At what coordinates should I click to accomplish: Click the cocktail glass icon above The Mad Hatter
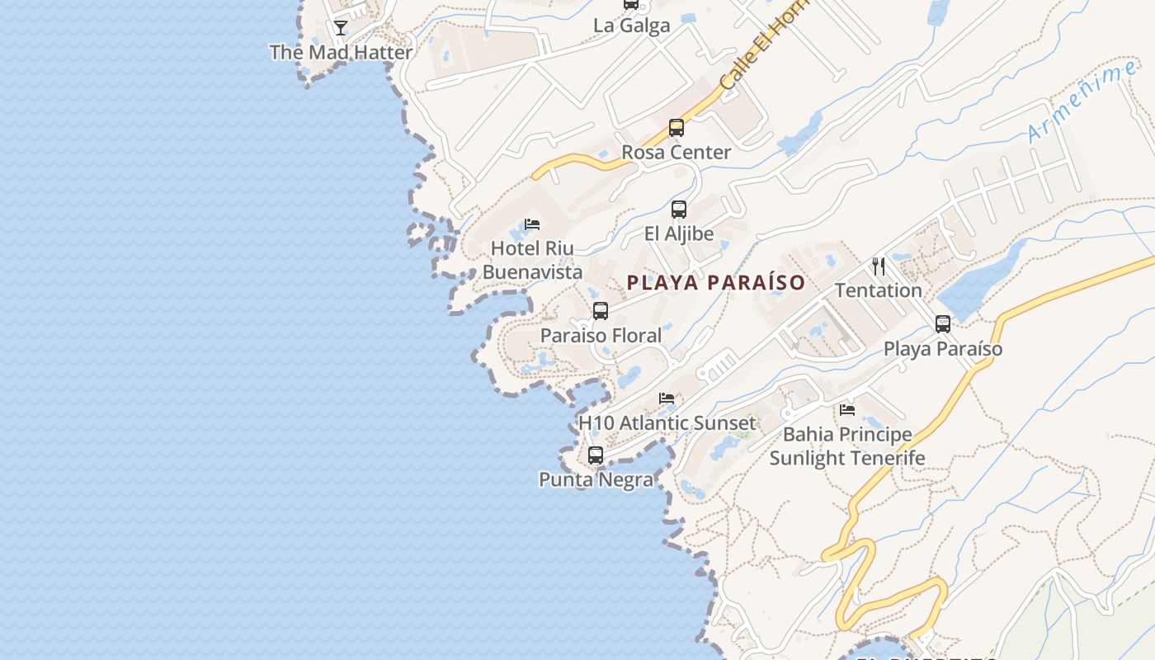340,28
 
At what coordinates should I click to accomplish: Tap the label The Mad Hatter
341,52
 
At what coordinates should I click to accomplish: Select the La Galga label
631,26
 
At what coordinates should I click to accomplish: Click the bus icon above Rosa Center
676,128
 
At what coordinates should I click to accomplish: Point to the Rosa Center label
676,153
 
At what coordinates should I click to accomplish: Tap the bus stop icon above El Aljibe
679,210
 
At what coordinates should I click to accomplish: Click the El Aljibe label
679,234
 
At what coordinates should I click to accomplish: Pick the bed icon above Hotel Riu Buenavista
532,224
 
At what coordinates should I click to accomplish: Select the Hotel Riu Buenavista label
532,260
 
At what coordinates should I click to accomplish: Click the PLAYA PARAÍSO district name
715,283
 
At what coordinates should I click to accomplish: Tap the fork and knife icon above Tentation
879,266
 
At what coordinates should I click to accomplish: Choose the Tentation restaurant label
879,290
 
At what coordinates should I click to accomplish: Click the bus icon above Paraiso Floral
601,311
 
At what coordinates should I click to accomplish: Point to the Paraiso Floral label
601,336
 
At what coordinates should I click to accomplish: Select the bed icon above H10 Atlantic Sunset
667,399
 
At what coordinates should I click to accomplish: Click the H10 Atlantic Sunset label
667,423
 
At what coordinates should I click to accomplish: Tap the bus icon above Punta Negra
596,455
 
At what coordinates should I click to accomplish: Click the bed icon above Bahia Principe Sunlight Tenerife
847,410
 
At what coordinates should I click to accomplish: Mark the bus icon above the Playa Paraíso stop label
943,324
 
